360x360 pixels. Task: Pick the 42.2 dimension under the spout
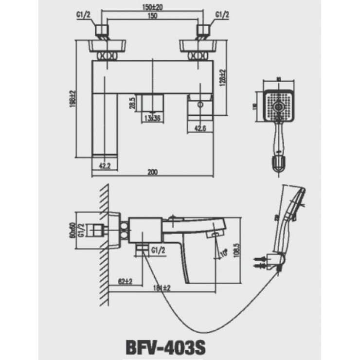pos(105,166)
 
